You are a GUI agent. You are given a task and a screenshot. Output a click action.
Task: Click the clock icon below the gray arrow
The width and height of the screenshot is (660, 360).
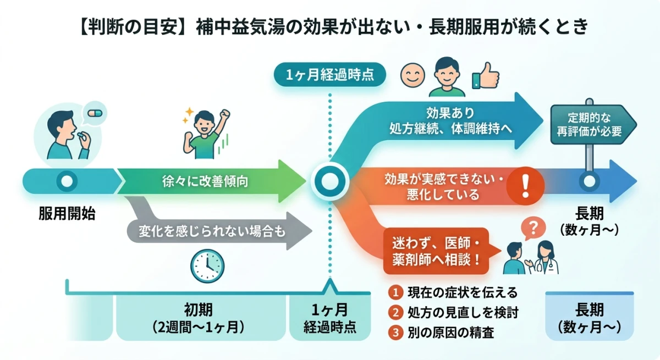207,266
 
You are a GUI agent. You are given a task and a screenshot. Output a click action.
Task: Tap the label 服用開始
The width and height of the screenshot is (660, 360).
67,214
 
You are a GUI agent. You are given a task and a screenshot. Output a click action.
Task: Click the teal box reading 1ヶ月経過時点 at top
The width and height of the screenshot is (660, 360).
330,75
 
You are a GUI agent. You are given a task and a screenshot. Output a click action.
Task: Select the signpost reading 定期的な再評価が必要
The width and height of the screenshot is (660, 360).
593,124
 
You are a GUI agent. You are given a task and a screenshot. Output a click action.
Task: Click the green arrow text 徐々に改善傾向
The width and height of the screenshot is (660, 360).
205,181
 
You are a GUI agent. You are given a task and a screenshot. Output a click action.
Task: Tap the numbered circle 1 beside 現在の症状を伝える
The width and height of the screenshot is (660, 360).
394,292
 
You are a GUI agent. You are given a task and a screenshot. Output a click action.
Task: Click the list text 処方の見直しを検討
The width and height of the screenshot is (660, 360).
463,312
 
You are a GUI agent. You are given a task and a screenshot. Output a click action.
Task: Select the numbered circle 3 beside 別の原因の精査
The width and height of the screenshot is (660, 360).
394,333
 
